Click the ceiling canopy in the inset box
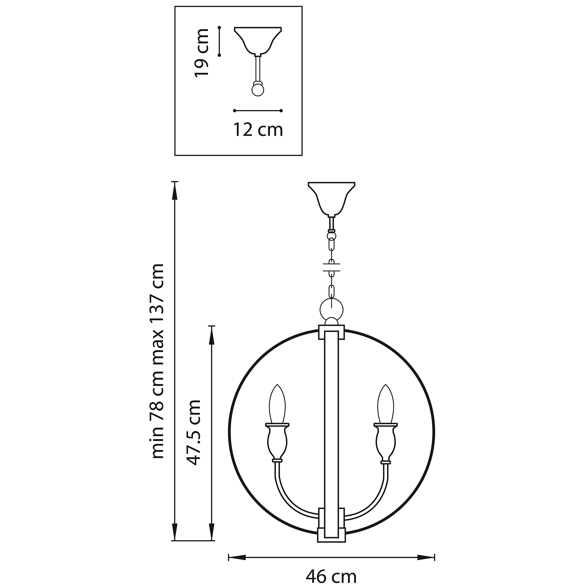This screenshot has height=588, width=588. [258, 40]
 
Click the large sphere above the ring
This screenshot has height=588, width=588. [331, 310]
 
